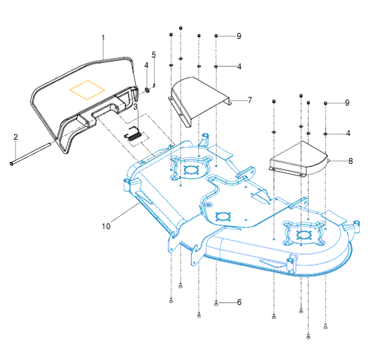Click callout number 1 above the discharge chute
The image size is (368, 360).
pyautogui.click(x=103, y=38)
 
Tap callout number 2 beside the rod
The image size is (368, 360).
pyautogui.click(x=15, y=137)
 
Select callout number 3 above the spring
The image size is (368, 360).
pyautogui.click(x=135, y=106)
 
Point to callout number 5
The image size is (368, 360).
pyautogui.click(x=153, y=55)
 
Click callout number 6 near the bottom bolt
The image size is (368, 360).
pyautogui.click(x=239, y=302)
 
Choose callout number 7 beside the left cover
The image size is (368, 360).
pyautogui.click(x=249, y=100)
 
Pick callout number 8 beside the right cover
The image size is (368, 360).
pyautogui.click(x=351, y=161)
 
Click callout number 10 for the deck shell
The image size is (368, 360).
pyautogui.click(x=106, y=226)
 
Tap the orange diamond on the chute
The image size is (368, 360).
pyautogui.click(x=87, y=90)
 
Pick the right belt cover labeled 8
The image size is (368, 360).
pyautogui.click(x=299, y=159)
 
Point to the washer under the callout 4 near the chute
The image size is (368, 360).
pyautogui.click(x=148, y=90)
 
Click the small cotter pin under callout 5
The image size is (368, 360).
pyautogui.click(x=154, y=86)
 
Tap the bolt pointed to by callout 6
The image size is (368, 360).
pyautogui.click(x=216, y=303)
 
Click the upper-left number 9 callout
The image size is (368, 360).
pyautogui.click(x=239, y=36)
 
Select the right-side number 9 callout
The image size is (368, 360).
pyautogui.click(x=347, y=103)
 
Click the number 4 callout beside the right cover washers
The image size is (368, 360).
pyautogui.click(x=348, y=134)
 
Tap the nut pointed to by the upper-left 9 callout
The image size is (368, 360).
pyautogui.click(x=216, y=35)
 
